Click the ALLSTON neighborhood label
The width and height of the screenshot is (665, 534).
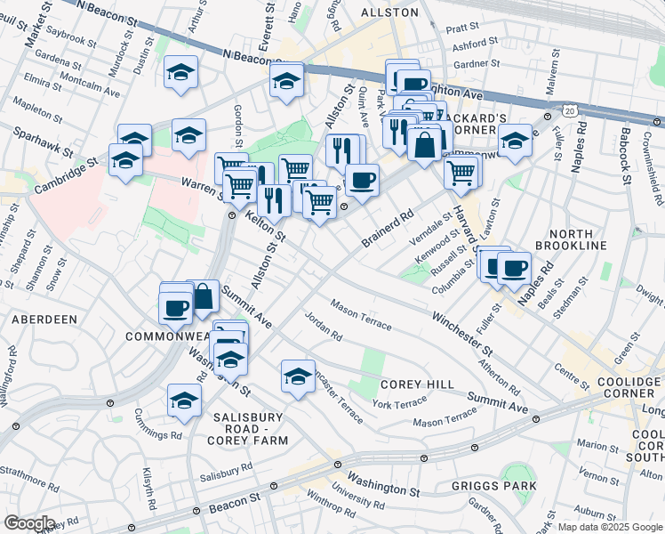(389, 12)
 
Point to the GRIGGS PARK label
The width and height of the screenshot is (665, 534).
(493, 486)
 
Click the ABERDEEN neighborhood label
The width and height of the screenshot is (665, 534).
(44, 319)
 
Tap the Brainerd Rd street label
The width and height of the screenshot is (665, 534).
(389, 229)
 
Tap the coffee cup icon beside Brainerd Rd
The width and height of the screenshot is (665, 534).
(362, 181)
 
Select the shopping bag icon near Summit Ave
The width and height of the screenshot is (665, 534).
(203, 295)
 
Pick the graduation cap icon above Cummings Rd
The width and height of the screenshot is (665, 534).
(184, 400)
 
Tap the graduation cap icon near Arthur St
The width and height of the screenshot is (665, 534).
(181, 72)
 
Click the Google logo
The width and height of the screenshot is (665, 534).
(29, 523)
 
